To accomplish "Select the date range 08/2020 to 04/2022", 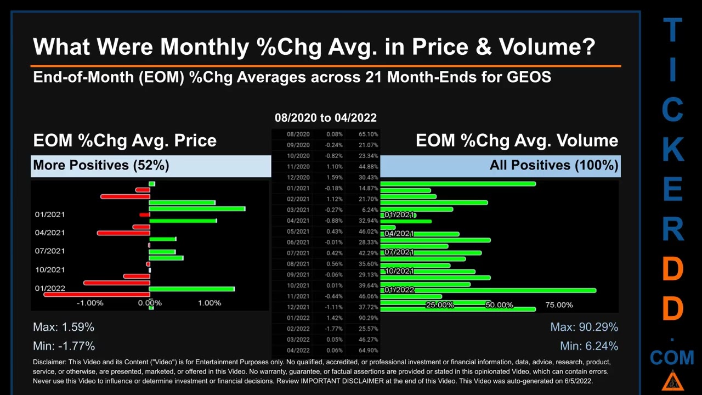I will tap(325, 117).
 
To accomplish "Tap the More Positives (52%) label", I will tap(101, 165).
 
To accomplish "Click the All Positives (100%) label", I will tap(554, 165).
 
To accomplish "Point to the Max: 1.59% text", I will tap(64, 327).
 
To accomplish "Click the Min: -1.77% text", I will tap(64, 346).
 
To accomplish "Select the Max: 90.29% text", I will tap(584, 327).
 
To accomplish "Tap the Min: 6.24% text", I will tap(589, 346).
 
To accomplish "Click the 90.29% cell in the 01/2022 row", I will tap(368, 318).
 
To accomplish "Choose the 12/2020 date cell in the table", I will tap(298, 177).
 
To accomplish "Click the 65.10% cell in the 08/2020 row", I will tap(368, 134).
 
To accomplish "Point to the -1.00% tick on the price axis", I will tap(90, 303).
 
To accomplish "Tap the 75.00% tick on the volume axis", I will tap(559, 305).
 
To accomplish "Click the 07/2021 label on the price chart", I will tap(50, 251).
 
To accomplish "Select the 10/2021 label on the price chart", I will tap(50, 269).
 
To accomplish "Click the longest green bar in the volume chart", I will tap(488, 290).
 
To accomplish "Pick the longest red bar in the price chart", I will tap(97, 295).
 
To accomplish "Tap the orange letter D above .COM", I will tap(672, 308).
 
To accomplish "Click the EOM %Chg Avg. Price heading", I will tap(124, 140).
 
